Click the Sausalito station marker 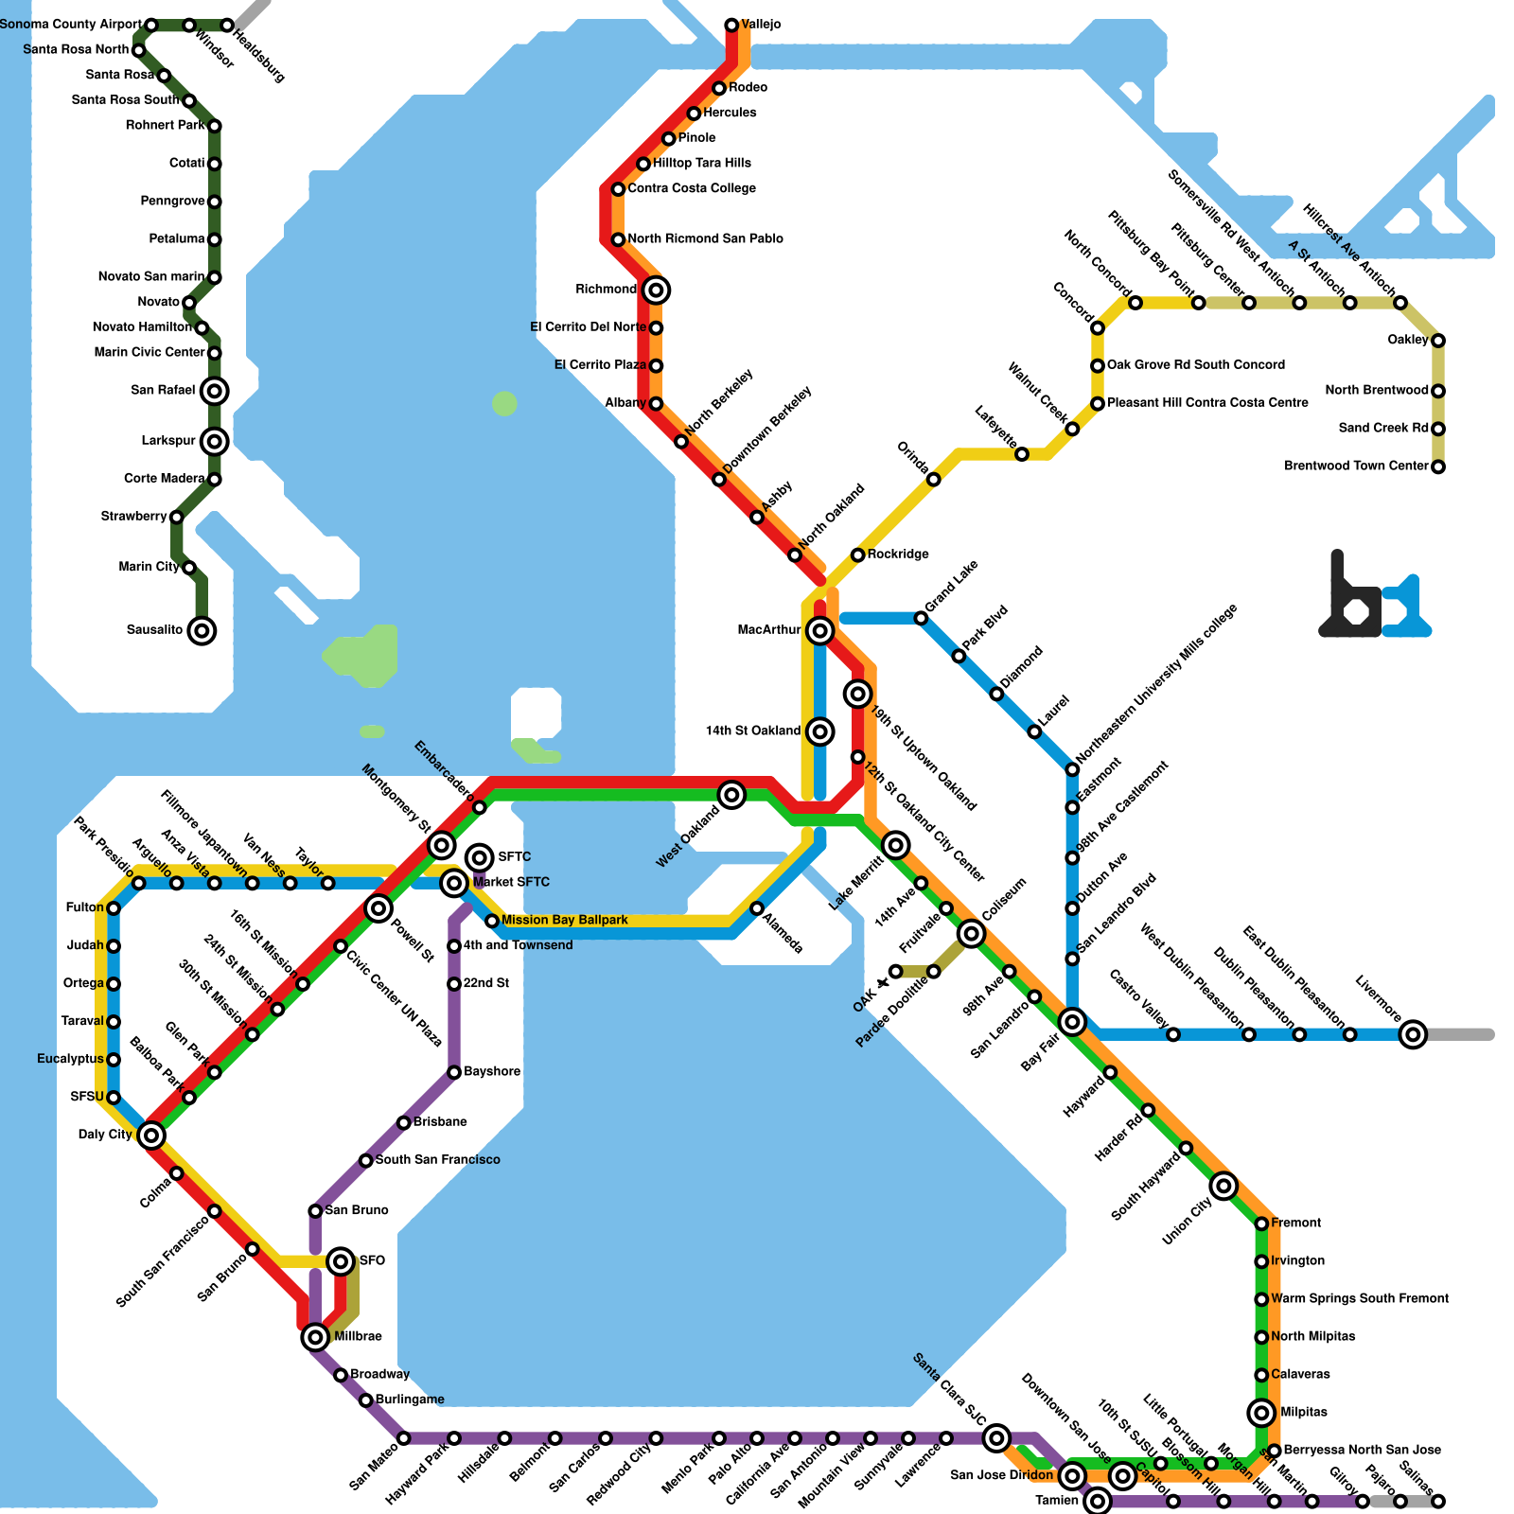[x=202, y=630]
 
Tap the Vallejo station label [x=761, y=24]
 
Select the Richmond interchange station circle [x=656, y=290]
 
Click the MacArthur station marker [x=820, y=630]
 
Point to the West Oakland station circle [x=731, y=795]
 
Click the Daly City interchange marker [x=151, y=1135]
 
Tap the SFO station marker [x=341, y=1260]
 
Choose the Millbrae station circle [x=315, y=1337]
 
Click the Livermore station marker [x=1413, y=1034]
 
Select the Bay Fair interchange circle [x=1072, y=1022]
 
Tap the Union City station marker [x=1224, y=1185]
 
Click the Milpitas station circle [x=1261, y=1413]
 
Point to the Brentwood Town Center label [x=1356, y=466]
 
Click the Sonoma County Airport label [x=71, y=24]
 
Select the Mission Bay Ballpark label [x=565, y=920]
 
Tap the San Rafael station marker [x=215, y=390]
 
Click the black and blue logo [x=1374, y=598]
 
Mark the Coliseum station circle [x=971, y=934]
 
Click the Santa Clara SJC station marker [x=995, y=1438]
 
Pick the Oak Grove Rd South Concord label [x=1196, y=364]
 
